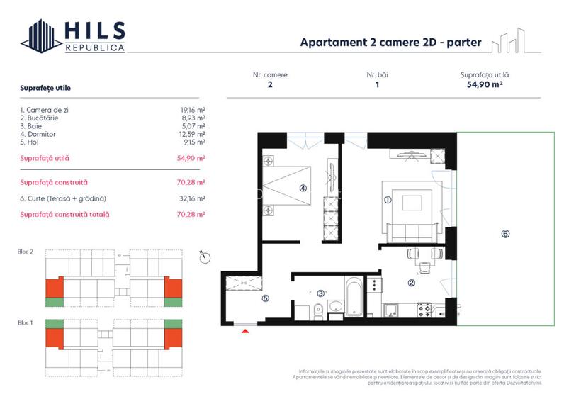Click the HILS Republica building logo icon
[40, 36]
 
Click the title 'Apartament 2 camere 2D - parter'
[390, 42]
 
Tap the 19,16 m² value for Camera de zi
[192, 110]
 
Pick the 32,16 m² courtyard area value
[192, 198]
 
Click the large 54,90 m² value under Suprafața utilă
[485, 84]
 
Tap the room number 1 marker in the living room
[388, 200]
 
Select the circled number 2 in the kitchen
[410, 281]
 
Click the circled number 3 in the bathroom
[320, 292]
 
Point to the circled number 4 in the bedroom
[303, 189]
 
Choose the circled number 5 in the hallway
[265, 298]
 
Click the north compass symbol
[205, 256]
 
